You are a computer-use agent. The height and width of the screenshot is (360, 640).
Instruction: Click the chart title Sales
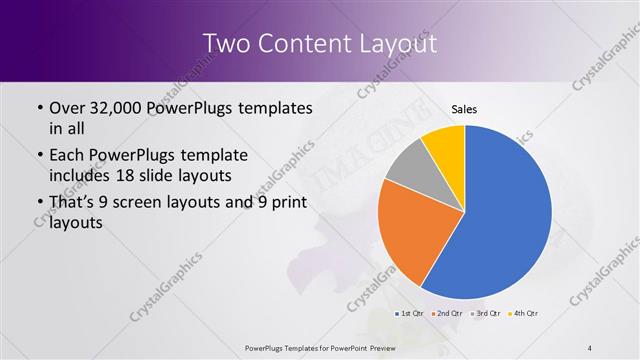tap(464, 109)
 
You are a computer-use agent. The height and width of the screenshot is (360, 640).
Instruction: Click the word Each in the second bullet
tap(68, 156)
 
